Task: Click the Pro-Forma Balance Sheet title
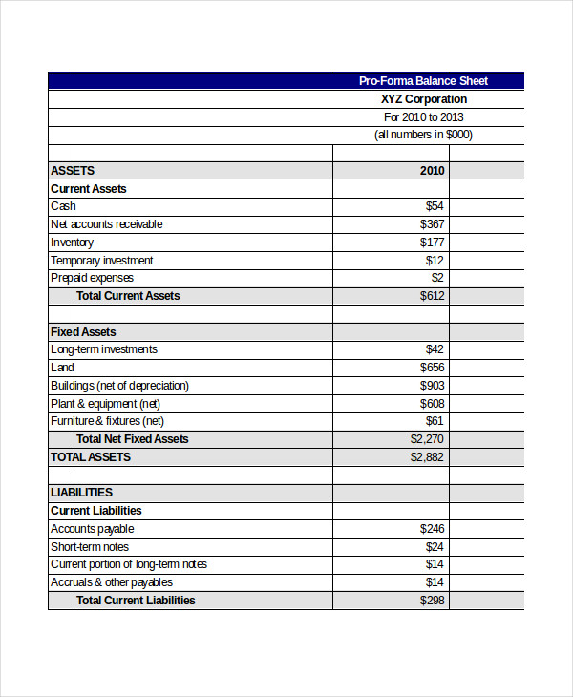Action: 423,81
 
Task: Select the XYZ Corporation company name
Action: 424,99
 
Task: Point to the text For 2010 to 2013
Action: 424,117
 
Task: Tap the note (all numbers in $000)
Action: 423,135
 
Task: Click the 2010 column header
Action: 432,171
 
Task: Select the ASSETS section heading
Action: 73,171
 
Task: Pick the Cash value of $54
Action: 435,206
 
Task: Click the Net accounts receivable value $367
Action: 432,224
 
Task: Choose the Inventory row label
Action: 73,243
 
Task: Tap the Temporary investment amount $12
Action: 435,261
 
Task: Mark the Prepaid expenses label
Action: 92,278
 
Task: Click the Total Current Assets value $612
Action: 432,296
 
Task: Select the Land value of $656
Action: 432,368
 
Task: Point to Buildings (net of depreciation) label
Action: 119,386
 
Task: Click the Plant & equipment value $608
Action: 432,404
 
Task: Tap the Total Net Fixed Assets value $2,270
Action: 427,439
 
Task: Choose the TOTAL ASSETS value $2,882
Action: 427,457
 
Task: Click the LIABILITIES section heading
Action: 81,493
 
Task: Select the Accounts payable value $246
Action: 432,529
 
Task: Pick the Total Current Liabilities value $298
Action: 432,601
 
